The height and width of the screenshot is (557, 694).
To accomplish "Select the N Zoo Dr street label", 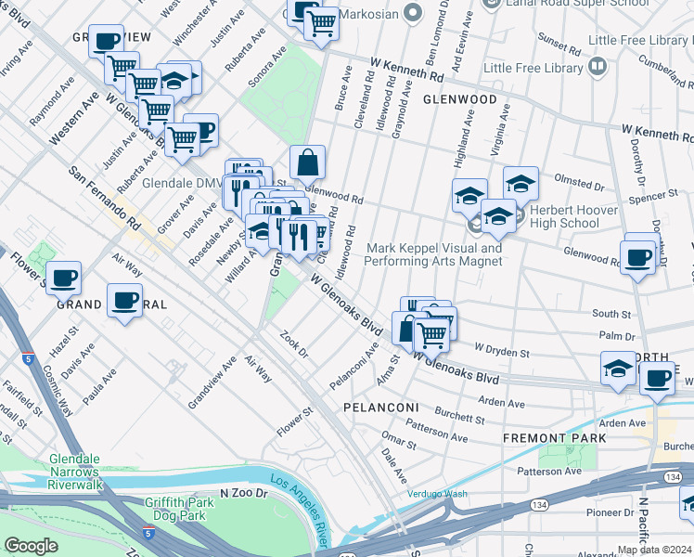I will (x=244, y=494).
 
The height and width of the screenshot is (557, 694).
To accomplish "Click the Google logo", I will (x=31, y=546).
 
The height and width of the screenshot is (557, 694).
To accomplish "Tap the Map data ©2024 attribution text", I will (x=654, y=550).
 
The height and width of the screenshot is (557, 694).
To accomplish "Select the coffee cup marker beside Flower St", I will (x=63, y=278).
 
